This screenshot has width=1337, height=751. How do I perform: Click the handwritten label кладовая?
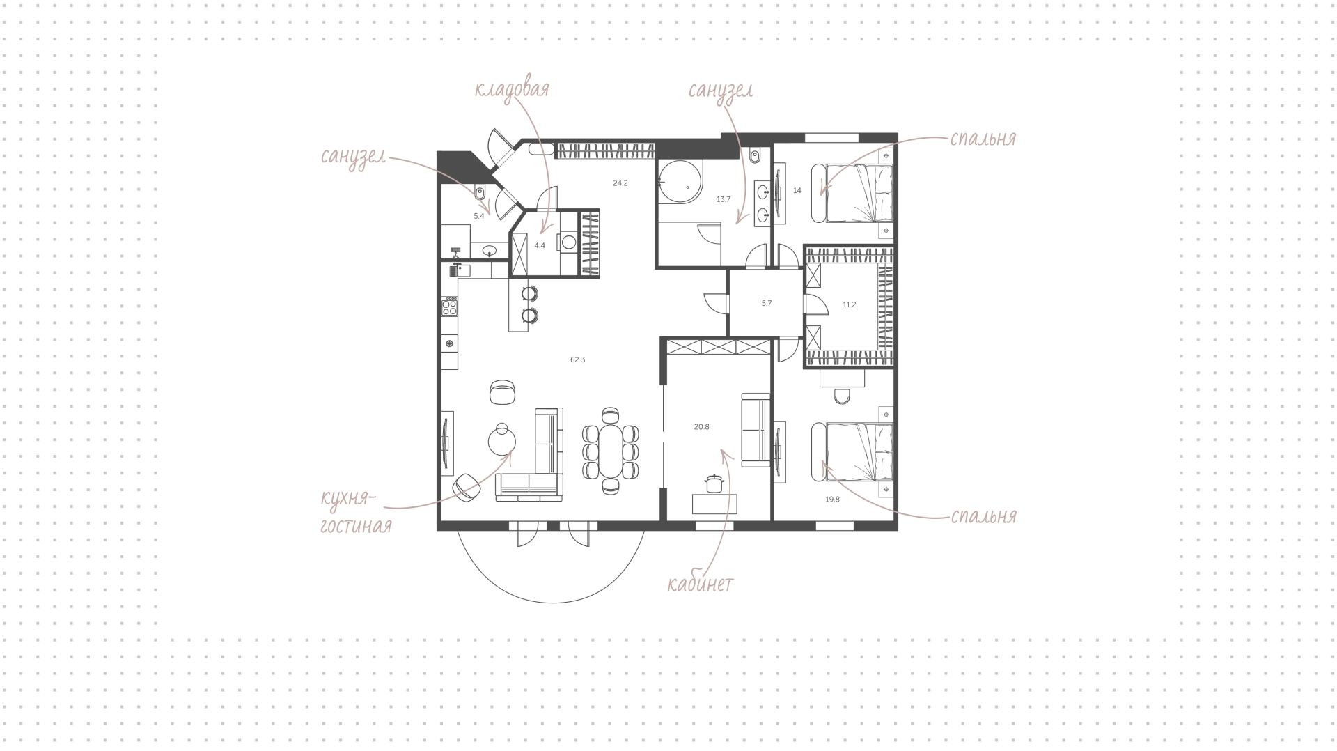click(x=512, y=89)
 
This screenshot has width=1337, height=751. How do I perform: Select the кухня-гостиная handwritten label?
click(x=356, y=511)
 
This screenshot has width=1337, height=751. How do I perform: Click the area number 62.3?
click(x=577, y=360)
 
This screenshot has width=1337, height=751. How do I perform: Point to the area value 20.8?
click(x=701, y=427)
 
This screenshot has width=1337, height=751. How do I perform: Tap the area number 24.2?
click(x=620, y=184)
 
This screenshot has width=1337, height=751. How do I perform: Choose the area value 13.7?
click(x=724, y=199)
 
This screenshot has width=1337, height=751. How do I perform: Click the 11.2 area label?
click(x=849, y=304)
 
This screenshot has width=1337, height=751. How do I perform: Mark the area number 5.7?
click(x=767, y=303)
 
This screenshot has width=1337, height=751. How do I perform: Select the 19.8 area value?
click(x=833, y=499)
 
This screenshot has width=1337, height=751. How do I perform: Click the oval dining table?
click(x=611, y=451)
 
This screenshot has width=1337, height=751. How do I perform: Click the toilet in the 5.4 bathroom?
click(x=480, y=192)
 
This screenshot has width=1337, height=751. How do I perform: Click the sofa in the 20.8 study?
click(x=756, y=430)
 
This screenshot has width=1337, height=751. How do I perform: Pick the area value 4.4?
click(x=540, y=245)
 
